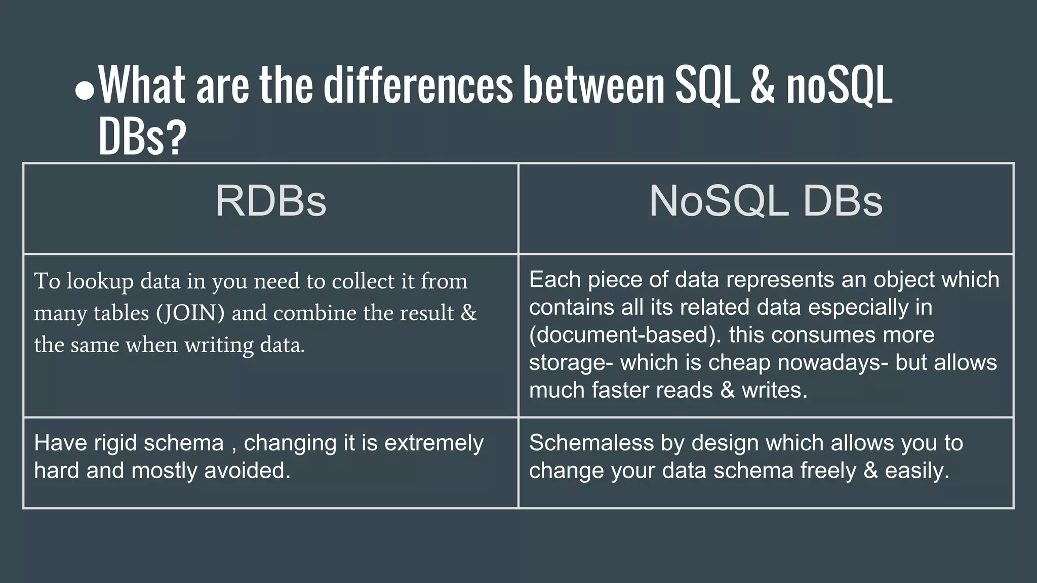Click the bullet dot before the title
pos(85,91)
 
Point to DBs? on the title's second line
pos(142,137)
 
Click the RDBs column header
pos(271,201)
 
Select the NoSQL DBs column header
pos(766,201)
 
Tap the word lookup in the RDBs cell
pos(100,281)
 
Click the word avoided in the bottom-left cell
pos(247,471)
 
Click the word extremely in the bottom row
pos(434,443)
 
